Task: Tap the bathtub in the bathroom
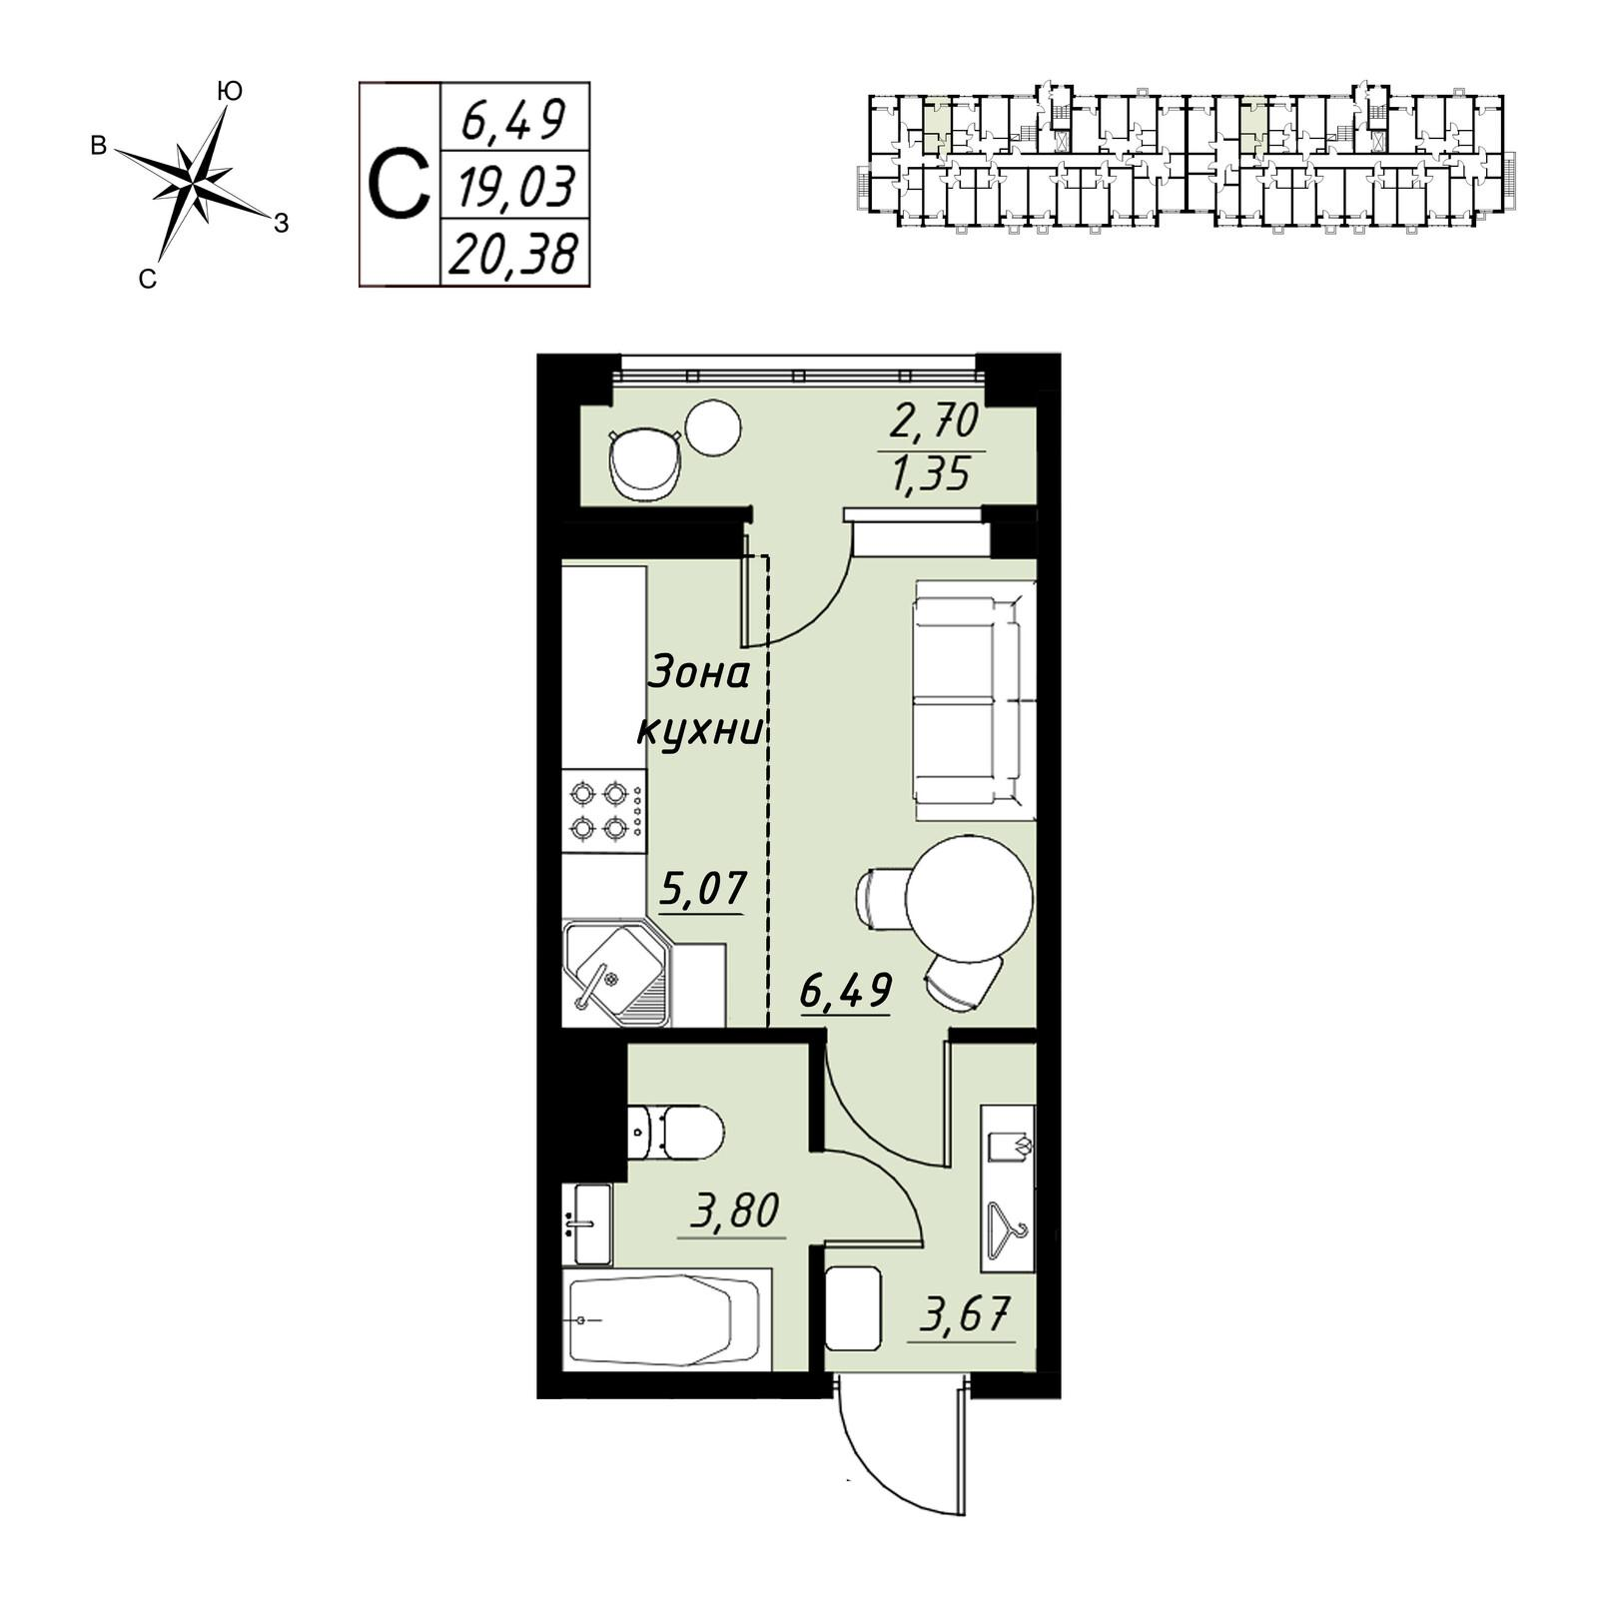click(667, 1320)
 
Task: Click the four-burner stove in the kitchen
click(603, 811)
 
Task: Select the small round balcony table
click(713, 427)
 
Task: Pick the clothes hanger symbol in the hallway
click(1007, 1231)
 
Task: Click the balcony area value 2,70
click(934, 423)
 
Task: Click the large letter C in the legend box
click(399, 185)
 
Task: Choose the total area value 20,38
click(513, 255)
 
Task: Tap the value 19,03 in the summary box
click(515, 187)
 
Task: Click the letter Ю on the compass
click(230, 92)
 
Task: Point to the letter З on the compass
click(282, 224)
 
